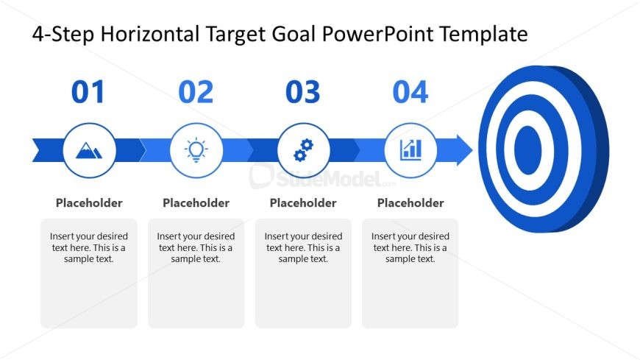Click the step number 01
point(88,92)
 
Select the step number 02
point(196,92)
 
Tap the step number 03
point(303,92)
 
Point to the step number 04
point(410,92)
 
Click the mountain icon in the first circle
point(89,150)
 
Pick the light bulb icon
point(196,150)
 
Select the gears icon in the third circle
point(303,150)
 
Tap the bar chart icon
point(410,150)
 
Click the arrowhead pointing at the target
point(464,150)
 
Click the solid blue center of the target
point(527,150)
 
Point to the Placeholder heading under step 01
point(89,203)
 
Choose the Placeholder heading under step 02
point(196,203)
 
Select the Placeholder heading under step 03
point(303,203)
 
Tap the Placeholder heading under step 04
point(410,203)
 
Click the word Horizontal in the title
point(150,34)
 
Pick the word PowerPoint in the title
point(377,34)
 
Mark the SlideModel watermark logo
point(322,177)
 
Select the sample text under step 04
point(410,247)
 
